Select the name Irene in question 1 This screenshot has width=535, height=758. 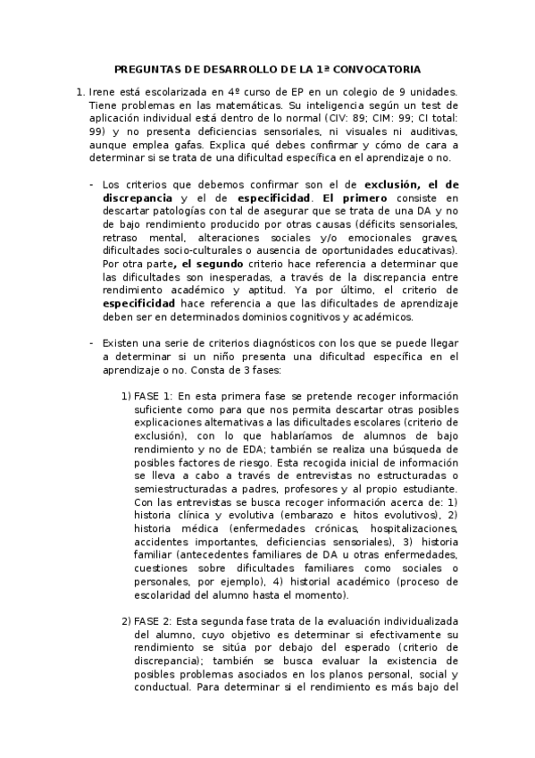click(x=105, y=91)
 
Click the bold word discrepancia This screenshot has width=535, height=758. click(x=139, y=197)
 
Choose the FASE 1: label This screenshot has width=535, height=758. click(x=153, y=396)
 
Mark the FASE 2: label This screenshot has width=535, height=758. click(x=153, y=620)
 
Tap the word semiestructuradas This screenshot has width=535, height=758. click(x=183, y=491)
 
